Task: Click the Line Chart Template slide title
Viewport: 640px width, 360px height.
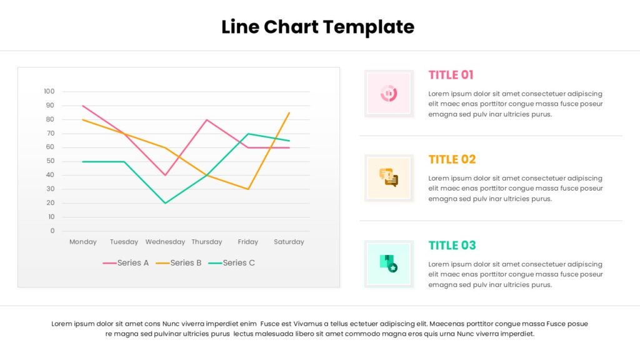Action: coord(318,27)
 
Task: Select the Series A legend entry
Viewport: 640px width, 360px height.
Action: coord(126,263)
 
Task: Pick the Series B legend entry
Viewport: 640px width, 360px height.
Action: coord(179,263)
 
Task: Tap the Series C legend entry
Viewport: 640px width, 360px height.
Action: coord(231,263)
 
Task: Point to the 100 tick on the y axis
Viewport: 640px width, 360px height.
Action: coord(49,91)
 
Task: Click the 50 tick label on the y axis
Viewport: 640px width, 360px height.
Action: coord(50,161)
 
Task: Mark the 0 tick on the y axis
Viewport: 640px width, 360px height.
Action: coord(52,231)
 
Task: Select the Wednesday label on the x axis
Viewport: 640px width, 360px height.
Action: coord(165,242)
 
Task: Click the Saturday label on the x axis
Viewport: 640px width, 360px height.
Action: coord(289,242)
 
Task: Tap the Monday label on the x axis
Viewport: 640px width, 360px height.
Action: coord(83,242)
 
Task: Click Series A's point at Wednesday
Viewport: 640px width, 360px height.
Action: coord(165,175)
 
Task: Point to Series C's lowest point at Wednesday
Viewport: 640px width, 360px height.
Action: coord(165,203)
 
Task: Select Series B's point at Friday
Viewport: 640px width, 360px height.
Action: coord(248,189)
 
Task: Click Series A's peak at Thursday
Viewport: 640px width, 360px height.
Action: coord(207,119)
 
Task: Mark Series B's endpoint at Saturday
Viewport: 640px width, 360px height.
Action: coord(289,112)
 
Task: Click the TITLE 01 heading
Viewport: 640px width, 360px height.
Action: coord(451,75)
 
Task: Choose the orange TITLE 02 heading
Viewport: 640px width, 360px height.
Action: coord(452,159)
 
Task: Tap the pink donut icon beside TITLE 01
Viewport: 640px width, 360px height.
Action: coord(389,94)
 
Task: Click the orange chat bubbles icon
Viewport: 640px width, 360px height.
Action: coord(389,177)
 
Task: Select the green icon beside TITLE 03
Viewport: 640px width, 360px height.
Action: coord(389,264)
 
